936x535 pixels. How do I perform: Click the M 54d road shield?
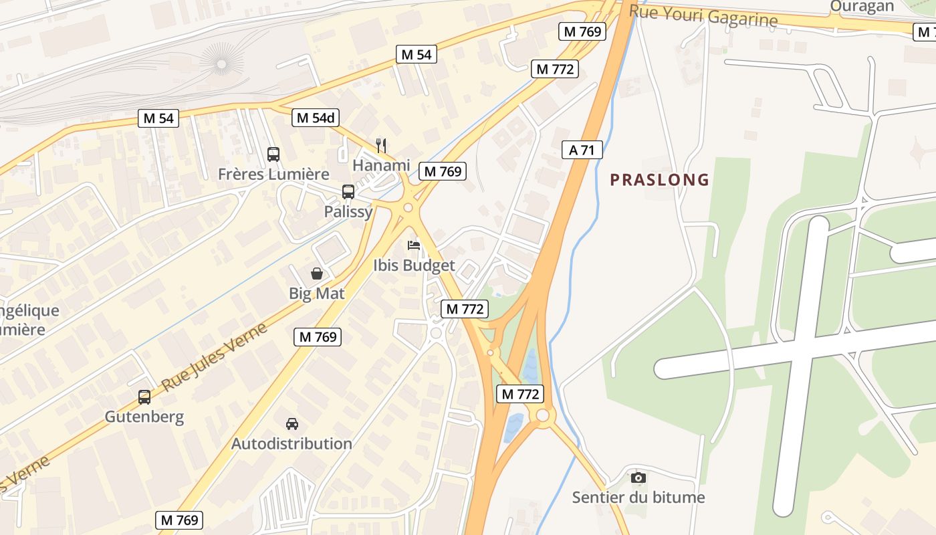(x=316, y=118)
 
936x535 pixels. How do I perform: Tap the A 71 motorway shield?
(x=582, y=150)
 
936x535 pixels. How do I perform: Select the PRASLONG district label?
(x=659, y=180)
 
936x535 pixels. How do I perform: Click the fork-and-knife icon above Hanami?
(x=381, y=145)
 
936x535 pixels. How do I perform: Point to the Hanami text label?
(x=381, y=165)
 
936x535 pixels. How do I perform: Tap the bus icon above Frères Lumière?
(x=273, y=154)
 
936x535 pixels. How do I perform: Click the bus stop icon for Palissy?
(x=348, y=192)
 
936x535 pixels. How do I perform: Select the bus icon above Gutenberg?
(x=144, y=397)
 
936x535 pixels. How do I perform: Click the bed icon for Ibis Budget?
(x=414, y=245)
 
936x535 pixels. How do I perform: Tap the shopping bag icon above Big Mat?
(x=317, y=274)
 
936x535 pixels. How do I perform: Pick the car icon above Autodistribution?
(x=292, y=423)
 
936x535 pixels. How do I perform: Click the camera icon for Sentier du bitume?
(x=638, y=477)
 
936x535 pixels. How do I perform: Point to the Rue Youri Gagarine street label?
(x=703, y=15)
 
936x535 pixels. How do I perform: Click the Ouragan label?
(x=862, y=7)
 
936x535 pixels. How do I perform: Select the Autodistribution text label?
(x=291, y=443)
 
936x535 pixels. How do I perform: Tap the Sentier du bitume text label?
(x=638, y=498)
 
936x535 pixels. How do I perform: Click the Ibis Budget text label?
(x=414, y=265)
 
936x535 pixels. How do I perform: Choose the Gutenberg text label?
(x=144, y=417)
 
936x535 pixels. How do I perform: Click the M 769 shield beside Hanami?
(x=442, y=171)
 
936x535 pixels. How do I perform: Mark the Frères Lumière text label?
(x=273, y=175)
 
